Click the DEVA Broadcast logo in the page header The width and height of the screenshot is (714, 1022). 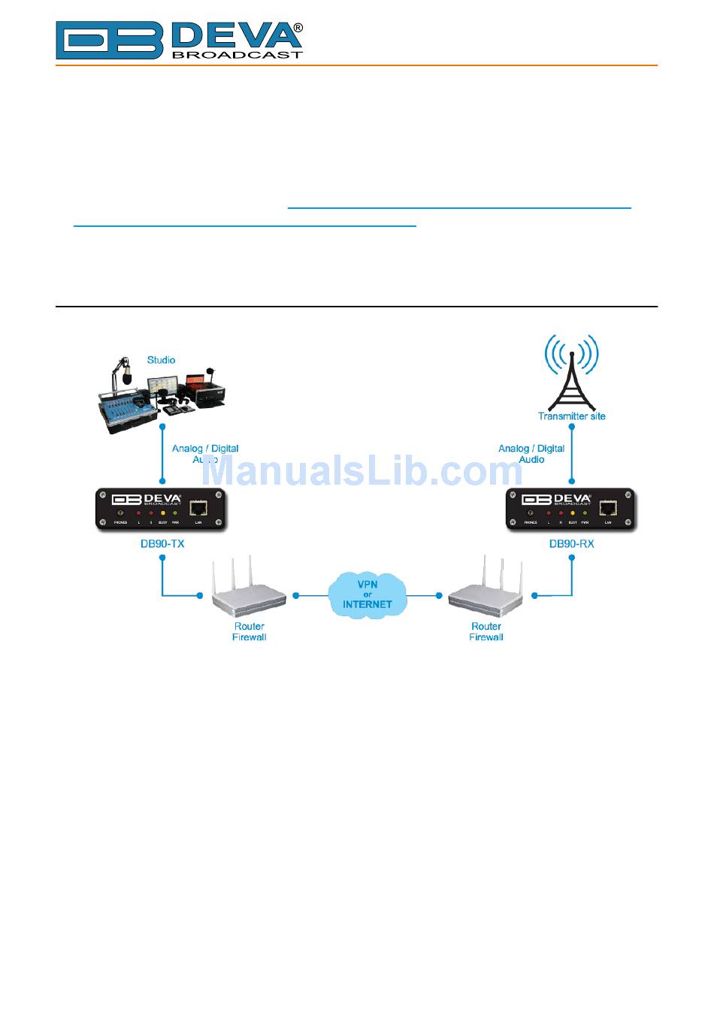coord(179,40)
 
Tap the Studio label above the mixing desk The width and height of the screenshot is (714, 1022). coord(161,360)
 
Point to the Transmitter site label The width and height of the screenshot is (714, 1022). coord(571,416)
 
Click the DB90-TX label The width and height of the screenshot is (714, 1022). coord(162,543)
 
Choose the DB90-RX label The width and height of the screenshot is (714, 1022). coord(571,543)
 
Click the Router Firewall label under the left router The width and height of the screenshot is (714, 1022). coord(249,632)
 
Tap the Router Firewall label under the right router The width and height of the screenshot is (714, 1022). coord(486,632)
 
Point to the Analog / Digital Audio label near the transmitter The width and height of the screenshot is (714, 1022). coord(531,454)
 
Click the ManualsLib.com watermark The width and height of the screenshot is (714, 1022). coord(364,472)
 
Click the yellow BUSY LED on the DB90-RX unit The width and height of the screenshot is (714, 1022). coord(573,513)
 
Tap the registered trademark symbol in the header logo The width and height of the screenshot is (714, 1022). coord(298,28)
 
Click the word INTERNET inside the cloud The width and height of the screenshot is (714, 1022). coord(368,604)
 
